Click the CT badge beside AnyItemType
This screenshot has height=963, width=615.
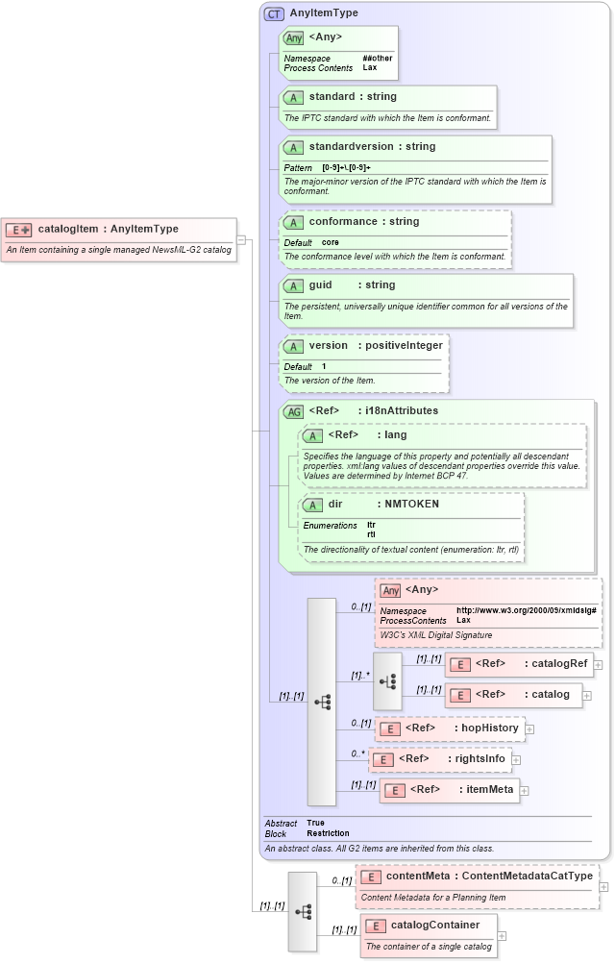275,14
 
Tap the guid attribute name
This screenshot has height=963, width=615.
320,285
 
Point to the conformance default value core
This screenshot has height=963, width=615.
330,242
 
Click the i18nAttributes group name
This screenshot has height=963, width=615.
398,411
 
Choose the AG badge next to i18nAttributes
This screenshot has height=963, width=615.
293,412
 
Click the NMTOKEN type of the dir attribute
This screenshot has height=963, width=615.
411,504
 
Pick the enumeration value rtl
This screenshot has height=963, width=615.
371,533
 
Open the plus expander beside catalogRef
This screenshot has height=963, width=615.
599,664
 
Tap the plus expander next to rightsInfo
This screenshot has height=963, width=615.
516,759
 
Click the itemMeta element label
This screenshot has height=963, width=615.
488,790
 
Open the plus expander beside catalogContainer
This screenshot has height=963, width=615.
502,935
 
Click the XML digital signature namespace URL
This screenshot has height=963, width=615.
526,610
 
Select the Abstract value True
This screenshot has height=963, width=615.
315,823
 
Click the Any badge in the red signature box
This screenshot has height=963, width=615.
390,590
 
